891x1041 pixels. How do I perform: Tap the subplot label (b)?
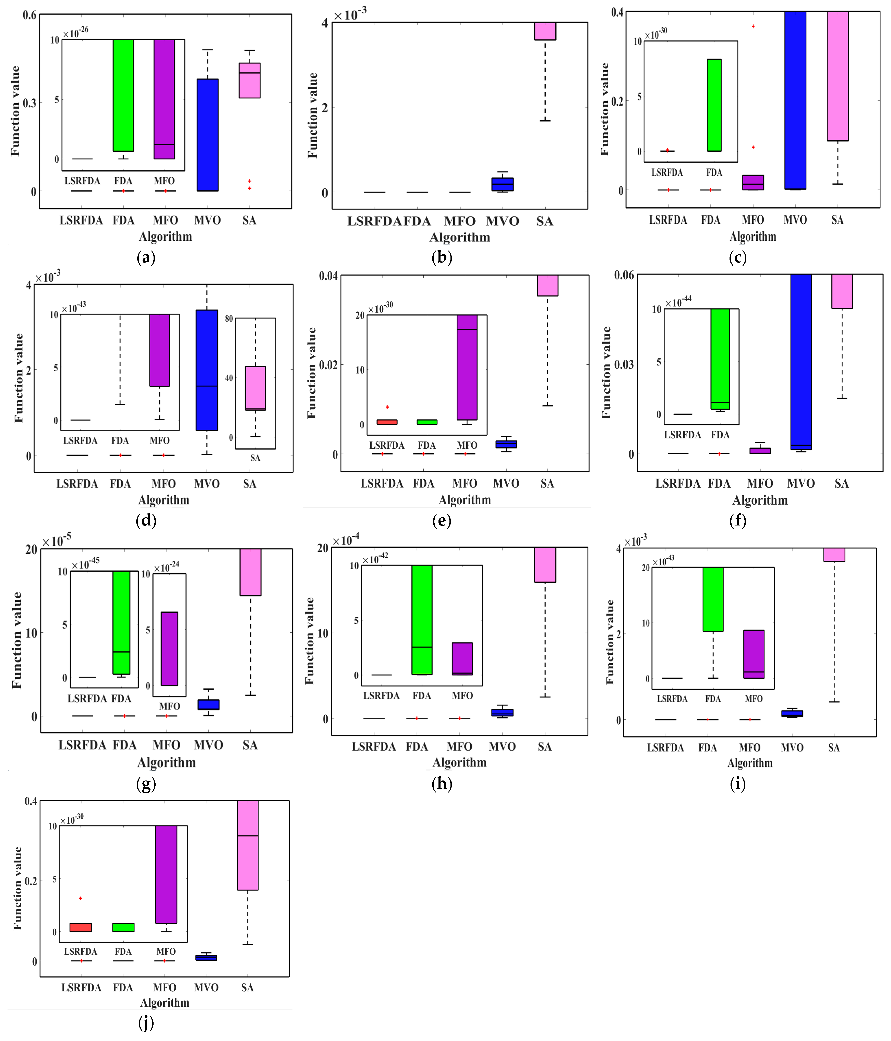coord(442,257)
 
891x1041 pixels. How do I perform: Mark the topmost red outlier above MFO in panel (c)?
coord(753,26)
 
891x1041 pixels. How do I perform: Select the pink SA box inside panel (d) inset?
coord(255,388)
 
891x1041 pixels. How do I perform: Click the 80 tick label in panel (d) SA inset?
coord(229,318)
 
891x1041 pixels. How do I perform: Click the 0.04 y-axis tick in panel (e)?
coord(328,276)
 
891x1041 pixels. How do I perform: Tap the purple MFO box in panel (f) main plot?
coord(760,451)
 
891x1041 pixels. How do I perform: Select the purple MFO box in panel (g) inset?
coord(169,648)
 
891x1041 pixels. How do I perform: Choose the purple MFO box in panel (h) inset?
coord(462,658)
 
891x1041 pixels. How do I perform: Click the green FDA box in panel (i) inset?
coord(713,599)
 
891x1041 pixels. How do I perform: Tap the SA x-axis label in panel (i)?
coord(834,748)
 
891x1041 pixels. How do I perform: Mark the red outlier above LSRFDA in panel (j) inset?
coord(80,898)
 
